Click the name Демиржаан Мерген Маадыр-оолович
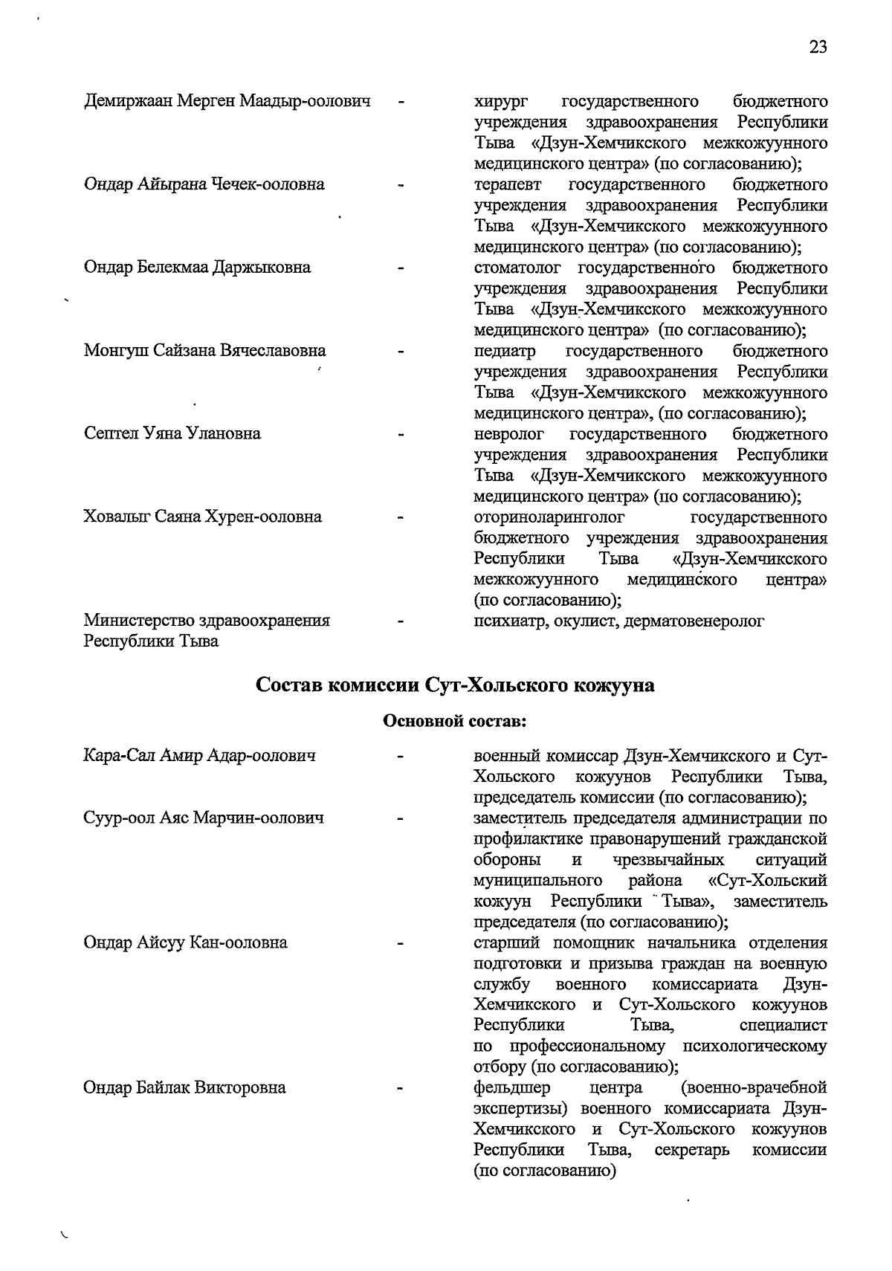click(227, 100)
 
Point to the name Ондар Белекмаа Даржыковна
click(197, 267)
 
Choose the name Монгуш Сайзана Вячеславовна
click(204, 350)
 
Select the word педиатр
click(505, 350)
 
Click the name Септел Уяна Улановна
click(172, 433)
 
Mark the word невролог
click(508, 433)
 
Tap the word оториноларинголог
click(549, 517)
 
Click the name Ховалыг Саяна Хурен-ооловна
click(202, 517)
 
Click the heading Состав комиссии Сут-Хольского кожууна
click(455, 685)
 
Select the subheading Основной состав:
click(455, 720)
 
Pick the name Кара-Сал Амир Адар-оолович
click(199, 756)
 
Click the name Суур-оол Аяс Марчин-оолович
click(204, 818)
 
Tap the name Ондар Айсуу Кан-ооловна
click(185, 943)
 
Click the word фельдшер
click(512, 1088)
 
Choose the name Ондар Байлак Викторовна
click(184, 1088)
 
